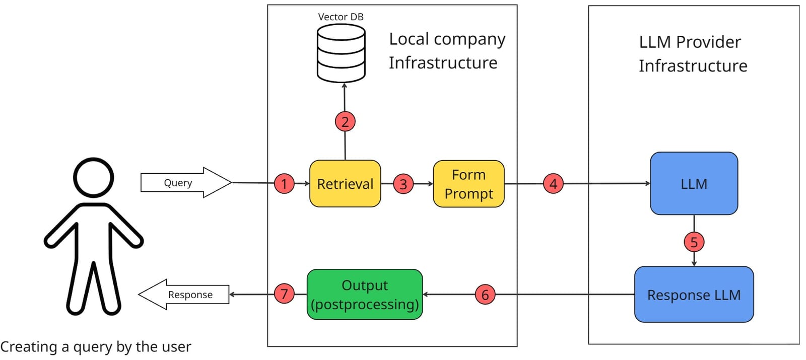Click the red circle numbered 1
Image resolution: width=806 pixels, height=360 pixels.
click(x=284, y=184)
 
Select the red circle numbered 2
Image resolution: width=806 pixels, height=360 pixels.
click(x=345, y=121)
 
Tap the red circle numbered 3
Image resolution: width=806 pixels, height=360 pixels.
click(x=403, y=184)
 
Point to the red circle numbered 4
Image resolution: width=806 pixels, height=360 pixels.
click(x=553, y=184)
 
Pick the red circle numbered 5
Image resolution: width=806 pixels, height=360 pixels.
click(x=694, y=242)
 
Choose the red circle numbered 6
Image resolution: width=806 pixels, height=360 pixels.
click(x=485, y=295)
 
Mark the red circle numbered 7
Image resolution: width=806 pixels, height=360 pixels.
click(x=284, y=294)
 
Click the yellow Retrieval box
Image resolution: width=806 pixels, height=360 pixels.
click(x=345, y=184)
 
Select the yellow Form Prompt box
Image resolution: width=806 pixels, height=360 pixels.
click(x=468, y=184)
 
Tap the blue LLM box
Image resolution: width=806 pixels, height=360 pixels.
click(x=694, y=183)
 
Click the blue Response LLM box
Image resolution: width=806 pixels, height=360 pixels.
click(x=694, y=295)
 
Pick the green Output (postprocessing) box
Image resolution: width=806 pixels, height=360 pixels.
click(x=365, y=295)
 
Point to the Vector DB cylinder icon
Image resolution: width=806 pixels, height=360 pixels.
click(x=341, y=53)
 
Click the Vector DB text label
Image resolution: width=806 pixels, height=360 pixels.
click(x=341, y=17)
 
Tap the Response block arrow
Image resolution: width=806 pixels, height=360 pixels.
click(x=184, y=295)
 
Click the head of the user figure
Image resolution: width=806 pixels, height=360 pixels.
click(x=94, y=177)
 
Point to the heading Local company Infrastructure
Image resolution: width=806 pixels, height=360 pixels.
click(x=446, y=51)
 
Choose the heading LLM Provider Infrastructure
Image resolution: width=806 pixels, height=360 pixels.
click(x=693, y=54)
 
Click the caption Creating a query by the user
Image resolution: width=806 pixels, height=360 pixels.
click(x=96, y=347)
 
